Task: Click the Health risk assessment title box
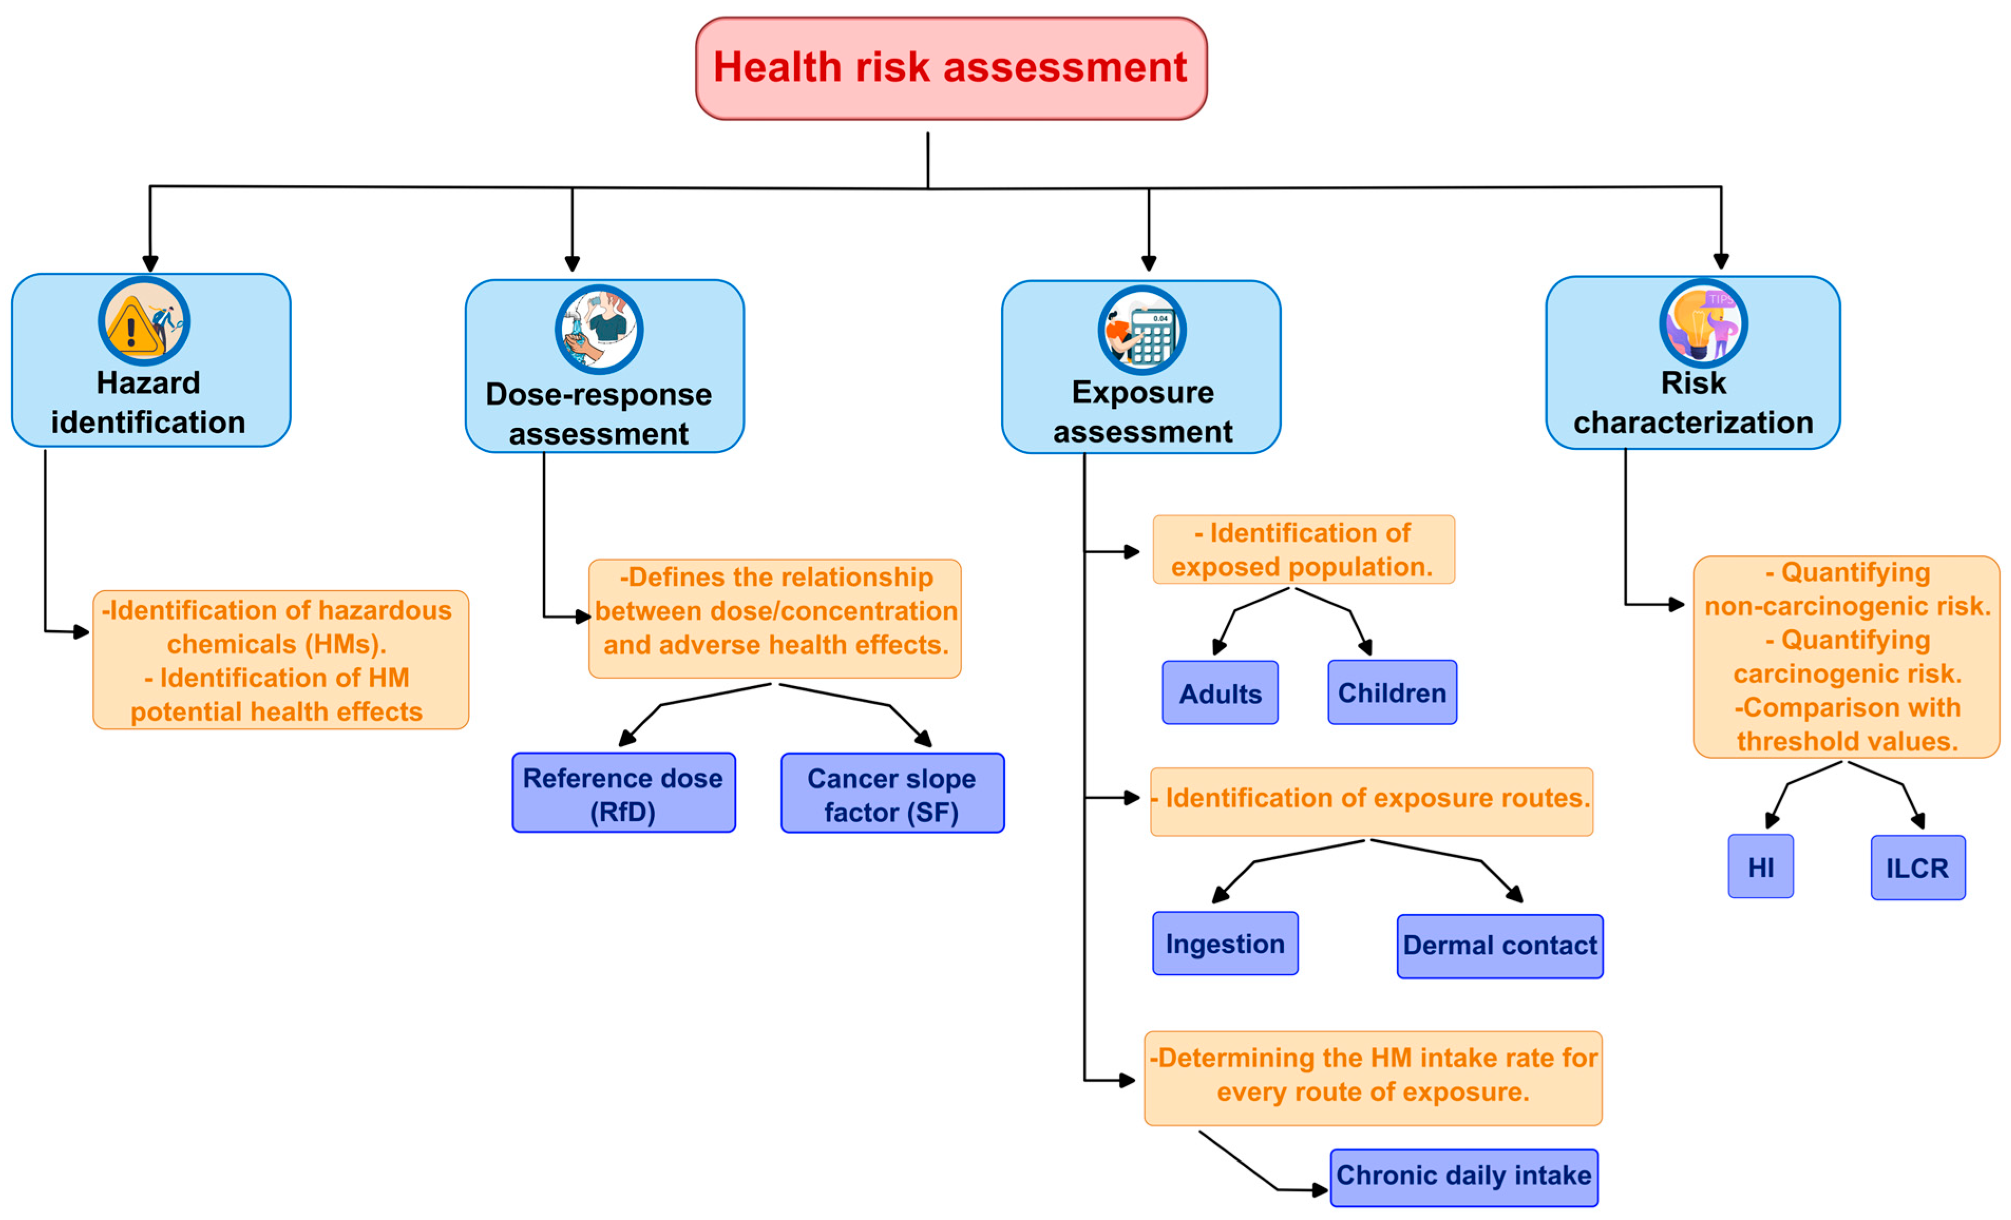tap(951, 69)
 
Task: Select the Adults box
tap(1220, 693)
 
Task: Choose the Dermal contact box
tap(1499, 946)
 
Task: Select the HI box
tap(1760, 867)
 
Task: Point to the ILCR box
tap(1917, 868)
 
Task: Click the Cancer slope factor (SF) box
tap(892, 793)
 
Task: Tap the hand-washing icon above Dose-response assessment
tap(599, 330)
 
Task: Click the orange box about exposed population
tap(1302, 549)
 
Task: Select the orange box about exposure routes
tap(1371, 799)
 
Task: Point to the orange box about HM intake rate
tap(1373, 1075)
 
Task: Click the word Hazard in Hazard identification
tap(148, 383)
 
